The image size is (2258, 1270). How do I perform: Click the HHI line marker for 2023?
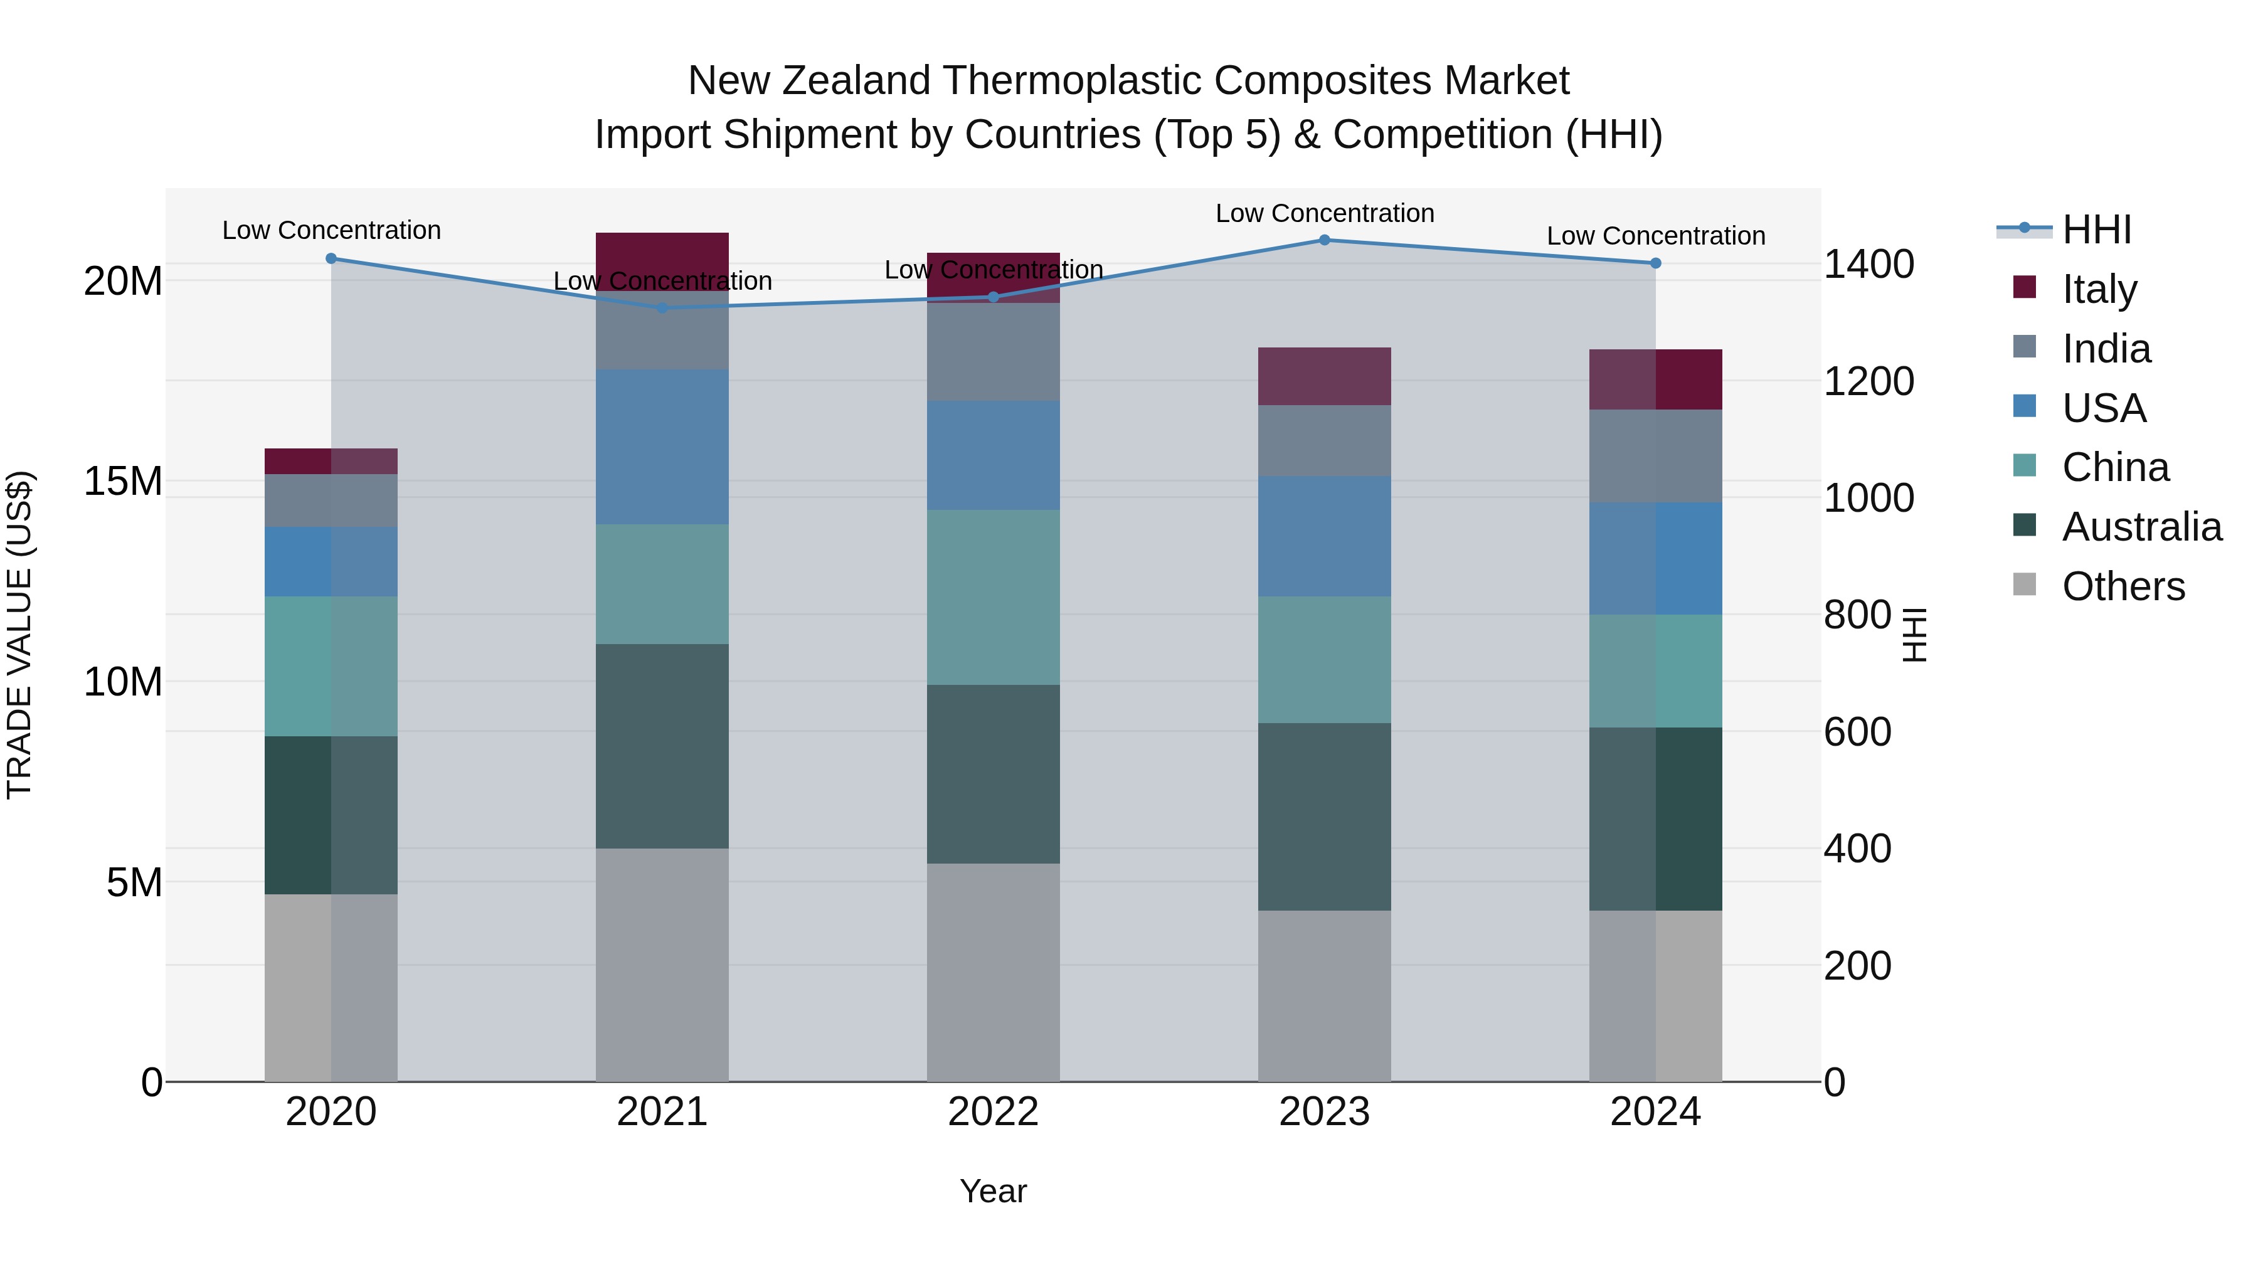[1325, 240]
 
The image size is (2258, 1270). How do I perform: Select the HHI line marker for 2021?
[662, 308]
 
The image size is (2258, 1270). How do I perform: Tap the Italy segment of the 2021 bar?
[662, 261]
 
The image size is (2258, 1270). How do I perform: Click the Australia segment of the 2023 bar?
[1325, 816]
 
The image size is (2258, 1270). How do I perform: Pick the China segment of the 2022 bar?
[993, 597]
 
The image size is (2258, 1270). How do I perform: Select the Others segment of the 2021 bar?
[662, 964]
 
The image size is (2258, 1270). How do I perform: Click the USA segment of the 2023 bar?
[1325, 536]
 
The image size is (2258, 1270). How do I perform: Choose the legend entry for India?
[2106, 349]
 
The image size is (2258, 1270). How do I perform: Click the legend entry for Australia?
[2141, 527]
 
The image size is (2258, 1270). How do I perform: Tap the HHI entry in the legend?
[2096, 230]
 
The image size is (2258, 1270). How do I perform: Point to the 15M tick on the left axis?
[123, 481]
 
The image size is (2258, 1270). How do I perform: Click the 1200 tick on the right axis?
[1868, 381]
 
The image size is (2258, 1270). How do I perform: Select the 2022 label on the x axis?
[993, 1112]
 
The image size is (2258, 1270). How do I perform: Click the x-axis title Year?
[993, 1191]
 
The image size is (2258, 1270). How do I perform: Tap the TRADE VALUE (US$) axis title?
[19, 635]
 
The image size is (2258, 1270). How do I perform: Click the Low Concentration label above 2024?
[1655, 236]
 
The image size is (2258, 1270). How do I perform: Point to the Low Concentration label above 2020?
[331, 231]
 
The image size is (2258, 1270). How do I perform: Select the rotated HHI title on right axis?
[1916, 635]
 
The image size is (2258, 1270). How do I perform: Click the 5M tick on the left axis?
[134, 882]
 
